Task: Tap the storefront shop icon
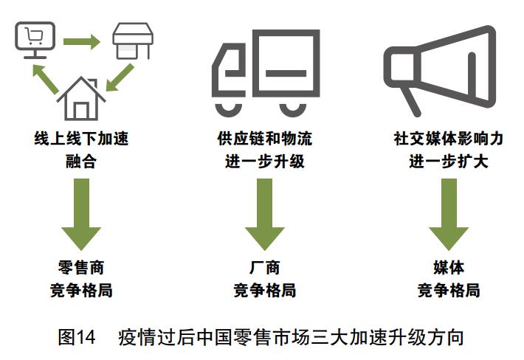click(133, 42)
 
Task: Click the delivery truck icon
click(265, 70)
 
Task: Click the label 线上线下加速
click(81, 139)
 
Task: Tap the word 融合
click(81, 159)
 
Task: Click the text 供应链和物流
click(265, 139)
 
